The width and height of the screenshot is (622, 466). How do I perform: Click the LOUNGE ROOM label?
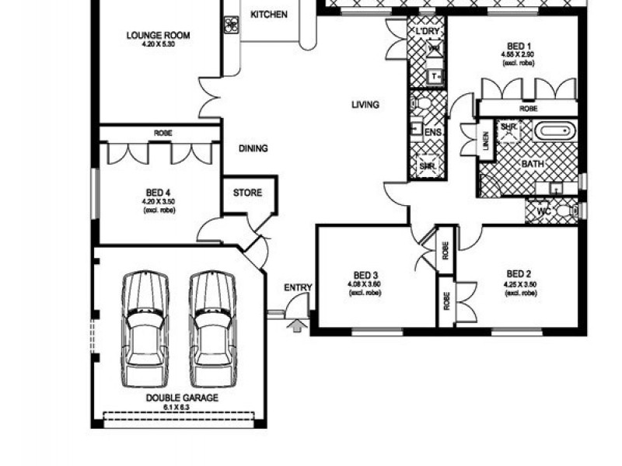[x=159, y=35]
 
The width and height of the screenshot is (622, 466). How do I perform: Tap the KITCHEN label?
[x=269, y=15]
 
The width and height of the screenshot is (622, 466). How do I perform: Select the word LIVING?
[x=365, y=104]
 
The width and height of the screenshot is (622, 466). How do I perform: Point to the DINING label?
[x=253, y=148]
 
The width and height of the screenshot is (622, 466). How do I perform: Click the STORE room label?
[x=248, y=193]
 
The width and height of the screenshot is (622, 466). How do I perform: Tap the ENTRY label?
[x=298, y=288]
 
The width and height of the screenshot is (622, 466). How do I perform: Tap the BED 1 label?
[x=519, y=46]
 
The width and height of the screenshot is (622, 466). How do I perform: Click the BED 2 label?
[x=519, y=273]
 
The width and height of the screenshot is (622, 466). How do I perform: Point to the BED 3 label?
[x=365, y=275]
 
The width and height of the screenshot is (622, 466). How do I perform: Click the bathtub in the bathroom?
[x=554, y=130]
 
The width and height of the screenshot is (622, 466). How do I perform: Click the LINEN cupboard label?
[x=486, y=141]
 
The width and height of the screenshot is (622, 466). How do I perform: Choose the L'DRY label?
[x=428, y=31]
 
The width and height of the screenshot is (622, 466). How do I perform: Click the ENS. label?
[x=433, y=134]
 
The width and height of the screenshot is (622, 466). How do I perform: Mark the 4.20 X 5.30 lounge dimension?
[x=159, y=44]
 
